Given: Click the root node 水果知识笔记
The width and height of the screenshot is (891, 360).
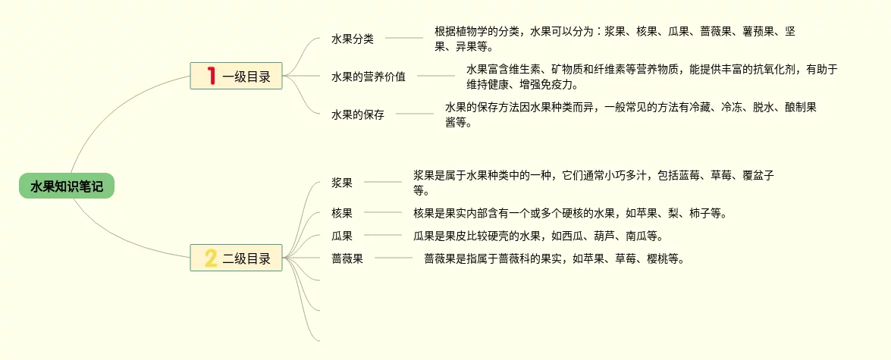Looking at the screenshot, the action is pos(67,186).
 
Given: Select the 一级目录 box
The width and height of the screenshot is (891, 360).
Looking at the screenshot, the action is pos(236,76).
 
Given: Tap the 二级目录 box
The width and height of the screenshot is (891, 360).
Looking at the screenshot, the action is pos(236,258).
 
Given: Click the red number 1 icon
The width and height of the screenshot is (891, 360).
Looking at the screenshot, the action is pos(211,76).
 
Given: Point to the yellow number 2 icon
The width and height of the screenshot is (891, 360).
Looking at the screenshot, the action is pos(211,258).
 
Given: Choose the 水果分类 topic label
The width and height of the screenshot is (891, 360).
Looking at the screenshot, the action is pos(352,38).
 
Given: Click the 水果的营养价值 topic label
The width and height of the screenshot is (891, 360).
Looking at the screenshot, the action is pos(368,76).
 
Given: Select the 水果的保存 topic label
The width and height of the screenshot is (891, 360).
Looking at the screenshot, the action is pos(357,114).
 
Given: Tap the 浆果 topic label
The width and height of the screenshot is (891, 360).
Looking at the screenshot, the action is pos(342,182).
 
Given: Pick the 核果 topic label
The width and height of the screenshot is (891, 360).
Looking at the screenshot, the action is pos(342,213).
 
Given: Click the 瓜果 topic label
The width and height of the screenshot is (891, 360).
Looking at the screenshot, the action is pos(342,236).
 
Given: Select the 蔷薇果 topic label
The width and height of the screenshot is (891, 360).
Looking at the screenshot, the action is pos(347,258).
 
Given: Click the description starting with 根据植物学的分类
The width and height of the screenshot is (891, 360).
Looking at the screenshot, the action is pos(614,38).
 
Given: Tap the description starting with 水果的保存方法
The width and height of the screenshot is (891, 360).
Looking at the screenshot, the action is pos(629,114).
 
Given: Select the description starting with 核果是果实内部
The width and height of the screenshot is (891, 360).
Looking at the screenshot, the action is pos(569,213).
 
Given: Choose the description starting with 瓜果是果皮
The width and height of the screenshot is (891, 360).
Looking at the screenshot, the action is pos(538,236).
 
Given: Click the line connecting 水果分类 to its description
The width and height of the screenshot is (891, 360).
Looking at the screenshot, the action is pos(403,38).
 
